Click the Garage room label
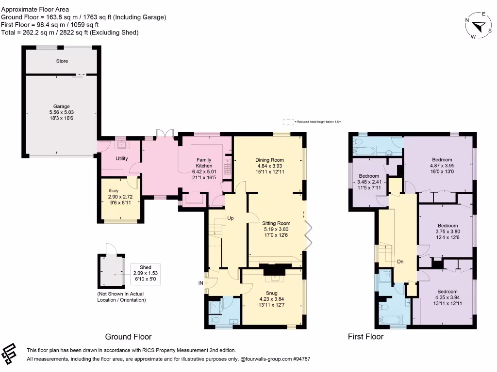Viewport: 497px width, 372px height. (62, 107)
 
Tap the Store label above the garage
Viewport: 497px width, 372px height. (62, 61)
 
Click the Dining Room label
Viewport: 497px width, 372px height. (269, 160)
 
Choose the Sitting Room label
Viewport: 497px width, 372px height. (277, 224)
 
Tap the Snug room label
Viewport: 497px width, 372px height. (271, 293)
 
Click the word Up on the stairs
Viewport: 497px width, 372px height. (231, 218)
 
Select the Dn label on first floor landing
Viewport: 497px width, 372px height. (400, 262)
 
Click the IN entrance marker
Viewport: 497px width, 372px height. (200, 282)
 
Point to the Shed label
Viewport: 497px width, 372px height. (145, 267)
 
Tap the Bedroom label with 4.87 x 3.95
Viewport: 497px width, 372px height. (442, 160)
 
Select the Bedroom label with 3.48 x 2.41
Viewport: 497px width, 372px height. (368, 176)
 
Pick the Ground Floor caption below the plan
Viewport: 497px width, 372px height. (128, 337)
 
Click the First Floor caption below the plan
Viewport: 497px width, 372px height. (365, 337)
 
